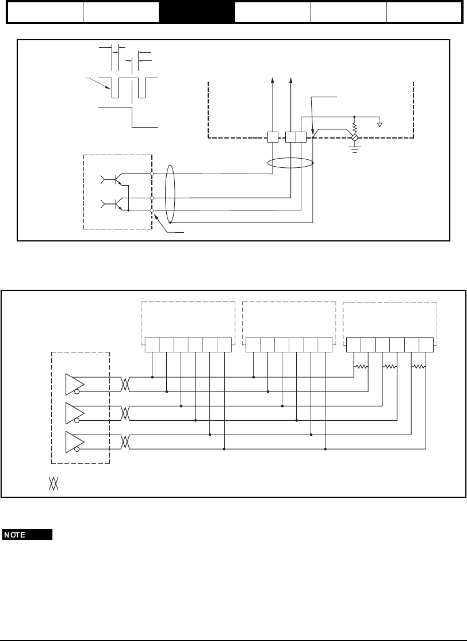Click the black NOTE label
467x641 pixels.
28,535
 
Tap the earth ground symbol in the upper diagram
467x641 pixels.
354,151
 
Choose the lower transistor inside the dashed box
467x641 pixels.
115,204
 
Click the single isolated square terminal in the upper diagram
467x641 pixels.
273,137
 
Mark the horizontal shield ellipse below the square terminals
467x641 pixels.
292,163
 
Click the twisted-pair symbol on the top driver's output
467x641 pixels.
126,384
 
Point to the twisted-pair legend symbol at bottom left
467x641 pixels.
53,483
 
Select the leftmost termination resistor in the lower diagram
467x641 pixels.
362,366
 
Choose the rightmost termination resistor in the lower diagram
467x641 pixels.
419,366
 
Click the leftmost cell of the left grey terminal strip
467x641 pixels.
152,344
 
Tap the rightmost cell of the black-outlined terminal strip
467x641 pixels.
426,344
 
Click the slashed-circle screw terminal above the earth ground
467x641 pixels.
354,138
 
